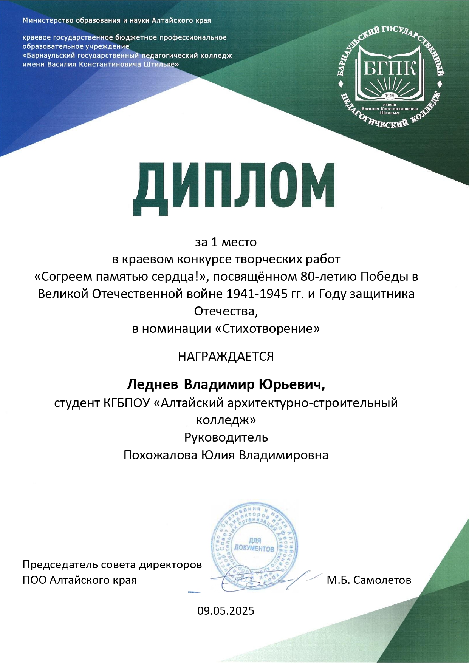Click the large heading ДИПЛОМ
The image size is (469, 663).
[x=234, y=189]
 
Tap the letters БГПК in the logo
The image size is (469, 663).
[x=390, y=68]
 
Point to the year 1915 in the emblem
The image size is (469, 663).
[x=390, y=96]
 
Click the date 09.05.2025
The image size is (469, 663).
[x=226, y=610]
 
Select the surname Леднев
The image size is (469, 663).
[x=153, y=385]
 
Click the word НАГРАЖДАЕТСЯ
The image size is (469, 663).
[x=226, y=357]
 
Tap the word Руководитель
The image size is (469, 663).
[x=226, y=437]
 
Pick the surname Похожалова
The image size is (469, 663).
[x=160, y=455]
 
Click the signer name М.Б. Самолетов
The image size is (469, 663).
[x=369, y=580]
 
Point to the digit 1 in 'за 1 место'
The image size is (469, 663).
[x=214, y=242]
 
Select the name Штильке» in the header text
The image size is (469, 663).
[x=163, y=65]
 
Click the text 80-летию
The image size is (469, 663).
[x=328, y=277]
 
